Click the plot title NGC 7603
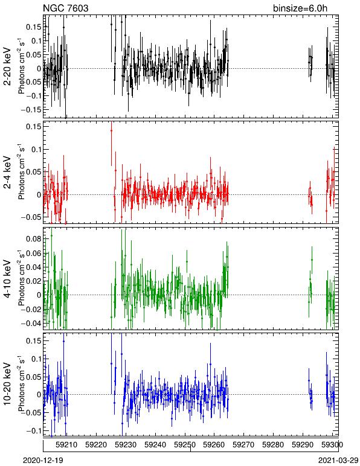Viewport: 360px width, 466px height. click(x=66, y=8)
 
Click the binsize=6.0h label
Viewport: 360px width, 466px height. click(x=300, y=8)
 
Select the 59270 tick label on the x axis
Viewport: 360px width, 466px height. click(x=244, y=445)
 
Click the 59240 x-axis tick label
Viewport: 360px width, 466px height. click(x=155, y=445)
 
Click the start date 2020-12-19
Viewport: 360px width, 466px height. click(x=43, y=461)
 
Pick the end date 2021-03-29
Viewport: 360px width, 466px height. click(x=338, y=461)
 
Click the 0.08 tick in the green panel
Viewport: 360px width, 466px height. click(x=33, y=238)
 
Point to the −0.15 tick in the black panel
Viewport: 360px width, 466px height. click(x=31, y=110)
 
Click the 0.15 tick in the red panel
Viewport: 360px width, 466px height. click(x=33, y=127)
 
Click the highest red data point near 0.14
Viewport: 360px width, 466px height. click(x=112, y=130)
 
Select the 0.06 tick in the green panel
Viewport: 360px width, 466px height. click(x=33, y=253)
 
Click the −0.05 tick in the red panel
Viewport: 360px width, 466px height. click(x=31, y=217)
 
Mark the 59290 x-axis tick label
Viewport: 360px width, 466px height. click(x=303, y=445)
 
